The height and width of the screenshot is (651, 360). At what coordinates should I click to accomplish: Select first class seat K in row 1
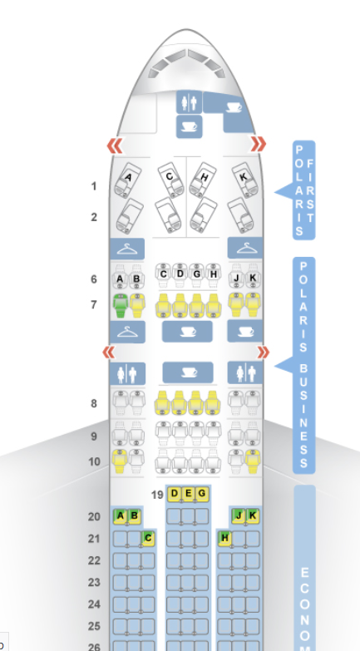245,180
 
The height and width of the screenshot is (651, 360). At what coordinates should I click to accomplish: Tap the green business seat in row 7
120,306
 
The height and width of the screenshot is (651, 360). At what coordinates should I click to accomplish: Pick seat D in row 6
180,275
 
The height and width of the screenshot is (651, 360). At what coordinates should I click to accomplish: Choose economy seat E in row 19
188,494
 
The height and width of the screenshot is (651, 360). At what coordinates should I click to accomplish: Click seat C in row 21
148,539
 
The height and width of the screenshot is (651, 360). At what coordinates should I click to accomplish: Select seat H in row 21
224,539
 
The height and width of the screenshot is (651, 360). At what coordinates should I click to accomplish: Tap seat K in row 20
253,516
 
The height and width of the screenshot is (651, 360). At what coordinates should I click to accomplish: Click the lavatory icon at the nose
189,102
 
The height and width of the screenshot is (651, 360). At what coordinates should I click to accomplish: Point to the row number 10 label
96,461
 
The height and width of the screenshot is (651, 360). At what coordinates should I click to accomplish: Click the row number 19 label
157,495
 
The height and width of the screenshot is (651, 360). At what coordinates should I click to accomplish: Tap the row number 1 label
95,186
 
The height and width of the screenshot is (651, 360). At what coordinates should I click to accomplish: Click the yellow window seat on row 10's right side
253,461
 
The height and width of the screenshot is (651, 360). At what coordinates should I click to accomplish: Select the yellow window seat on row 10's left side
120,461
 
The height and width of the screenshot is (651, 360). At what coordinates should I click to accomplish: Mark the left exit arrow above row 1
115,145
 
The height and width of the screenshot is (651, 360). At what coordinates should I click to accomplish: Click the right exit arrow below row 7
263,353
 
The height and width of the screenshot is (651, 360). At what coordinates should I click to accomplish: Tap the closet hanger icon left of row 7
127,332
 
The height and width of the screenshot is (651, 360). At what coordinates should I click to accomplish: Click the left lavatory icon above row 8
127,373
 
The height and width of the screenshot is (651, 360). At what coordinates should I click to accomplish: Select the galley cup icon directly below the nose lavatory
190,126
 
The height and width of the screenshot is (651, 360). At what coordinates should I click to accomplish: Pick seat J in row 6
236,275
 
